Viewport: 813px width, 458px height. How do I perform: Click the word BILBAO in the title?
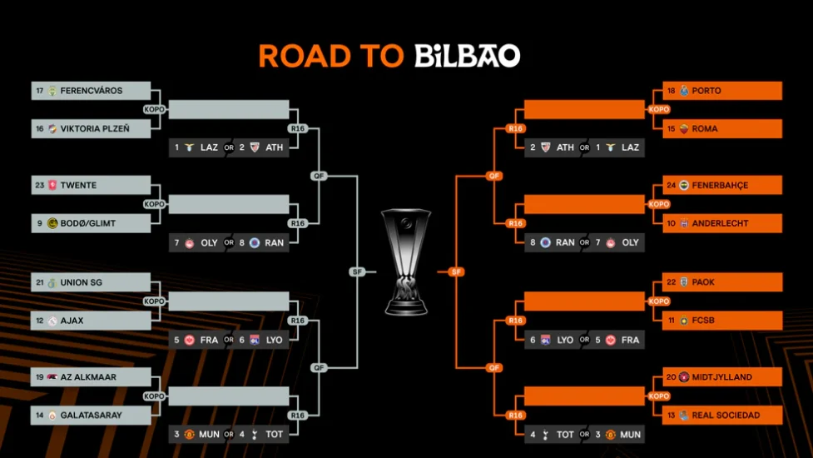click(467, 56)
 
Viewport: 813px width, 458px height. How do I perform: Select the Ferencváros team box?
click(92, 91)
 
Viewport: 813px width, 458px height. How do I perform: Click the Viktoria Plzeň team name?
click(94, 129)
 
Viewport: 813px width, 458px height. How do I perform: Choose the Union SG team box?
click(92, 282)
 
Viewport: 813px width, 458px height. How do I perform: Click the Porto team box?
click(722, 91)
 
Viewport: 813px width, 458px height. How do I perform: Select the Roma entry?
click(722, 129)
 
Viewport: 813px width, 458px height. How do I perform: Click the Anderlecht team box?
click(722, 223)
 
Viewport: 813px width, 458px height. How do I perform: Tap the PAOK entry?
click(722, 282)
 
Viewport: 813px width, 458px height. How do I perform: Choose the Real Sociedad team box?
click(722, 415)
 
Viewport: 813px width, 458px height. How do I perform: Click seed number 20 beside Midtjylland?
click(671, 377)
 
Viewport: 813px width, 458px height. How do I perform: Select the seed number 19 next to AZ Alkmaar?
click(40, 377)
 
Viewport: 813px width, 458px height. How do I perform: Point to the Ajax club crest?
click(52, 321)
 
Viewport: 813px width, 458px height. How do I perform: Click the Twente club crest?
click(52, 185)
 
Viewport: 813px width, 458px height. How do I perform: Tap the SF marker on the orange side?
click(455, 271)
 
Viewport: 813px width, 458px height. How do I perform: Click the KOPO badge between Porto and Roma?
click(658, 110)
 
